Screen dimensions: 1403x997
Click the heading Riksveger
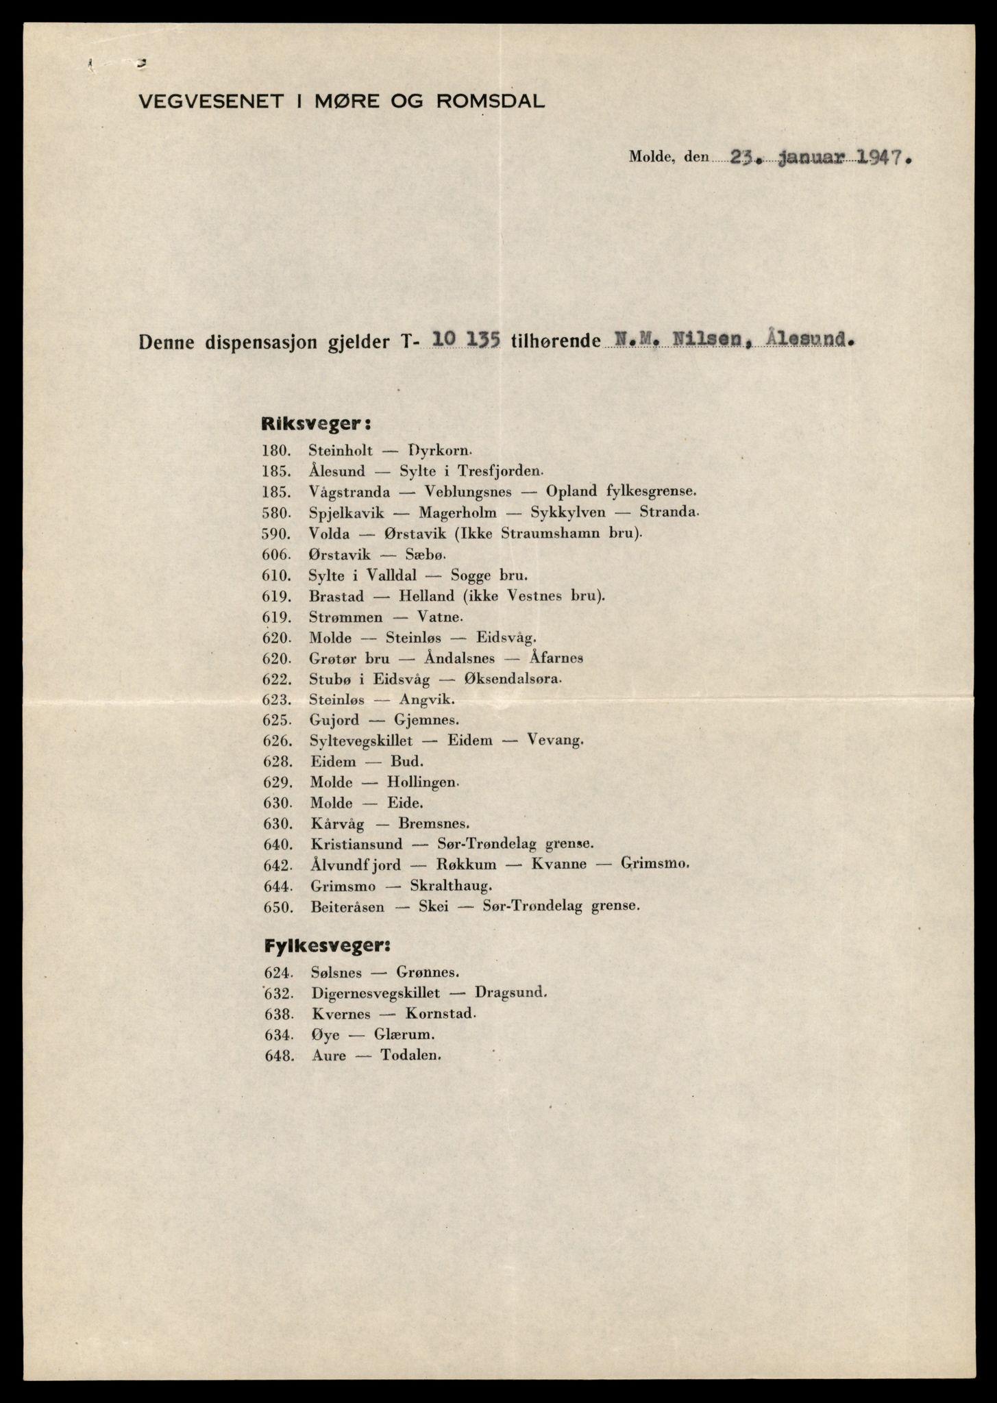(316, 424)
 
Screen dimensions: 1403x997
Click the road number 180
(277, 451)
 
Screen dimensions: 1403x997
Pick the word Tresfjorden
(506, 471)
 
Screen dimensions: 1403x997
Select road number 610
(277, 575)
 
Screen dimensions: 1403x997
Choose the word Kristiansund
(356, 844)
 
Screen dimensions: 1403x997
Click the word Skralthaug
(450, 886)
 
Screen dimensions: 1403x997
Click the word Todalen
(410, 1055)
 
